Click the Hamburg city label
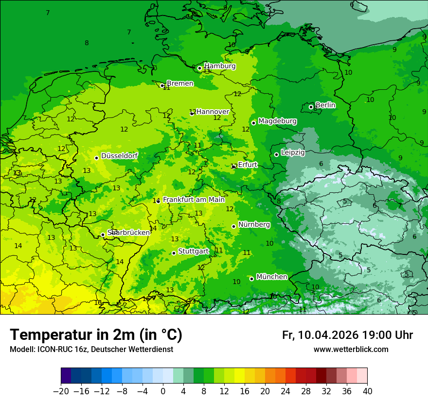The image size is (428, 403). [x=220, y=66]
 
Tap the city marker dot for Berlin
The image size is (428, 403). [x=311, y=107]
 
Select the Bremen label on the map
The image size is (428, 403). [x=180, y=84]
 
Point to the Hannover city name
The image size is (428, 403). [x=213, y=112]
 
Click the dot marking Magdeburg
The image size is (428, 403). [x=253, y=123]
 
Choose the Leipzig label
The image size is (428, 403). [x=293, y=152]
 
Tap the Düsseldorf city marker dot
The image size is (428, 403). [x=96, y=158]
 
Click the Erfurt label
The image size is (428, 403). [x=247, y=165]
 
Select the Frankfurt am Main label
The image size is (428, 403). [x=194, y=200]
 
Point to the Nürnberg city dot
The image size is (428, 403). [x=233, y=226]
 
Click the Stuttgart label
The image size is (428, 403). [x=193, y=252]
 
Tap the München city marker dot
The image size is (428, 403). [x=251, y=279]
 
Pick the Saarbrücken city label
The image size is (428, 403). [x=128, y=233]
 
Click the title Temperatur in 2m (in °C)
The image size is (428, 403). [x=96, y=335]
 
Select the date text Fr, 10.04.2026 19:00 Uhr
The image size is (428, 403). [x=347, y=335]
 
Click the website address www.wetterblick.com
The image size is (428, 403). [x=351, y=350]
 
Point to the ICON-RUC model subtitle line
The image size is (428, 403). [x=91, y=350]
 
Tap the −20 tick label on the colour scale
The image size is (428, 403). [x=61, y=391]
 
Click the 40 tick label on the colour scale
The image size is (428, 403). [x=367, y=391]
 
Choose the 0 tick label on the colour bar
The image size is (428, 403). [x=163, y=391]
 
